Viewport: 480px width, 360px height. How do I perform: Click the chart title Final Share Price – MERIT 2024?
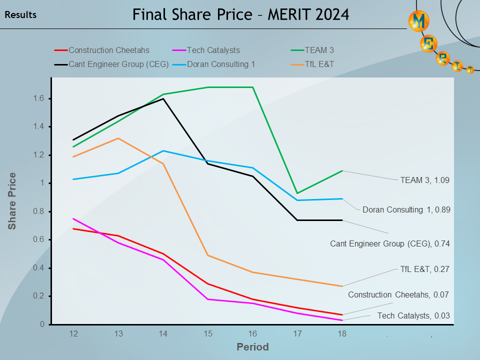[x=240, y=14]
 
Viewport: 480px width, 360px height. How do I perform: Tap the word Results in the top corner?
[x=20, y=15]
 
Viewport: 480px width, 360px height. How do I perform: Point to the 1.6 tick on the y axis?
[x=38, y=98]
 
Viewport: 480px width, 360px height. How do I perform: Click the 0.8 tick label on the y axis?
[x=38, y=211]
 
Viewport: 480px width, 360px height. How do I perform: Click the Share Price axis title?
[x=12, y=201]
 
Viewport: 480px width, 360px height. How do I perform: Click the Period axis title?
[x=252, y=347]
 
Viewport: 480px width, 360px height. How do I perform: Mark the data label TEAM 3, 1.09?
[x=425, y=180]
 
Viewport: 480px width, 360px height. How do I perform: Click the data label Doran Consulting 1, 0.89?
[x=406, y=210]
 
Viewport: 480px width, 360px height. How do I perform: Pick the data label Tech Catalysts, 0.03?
[x=413, y=315]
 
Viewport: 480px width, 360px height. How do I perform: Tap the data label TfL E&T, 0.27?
[x=425, y=269]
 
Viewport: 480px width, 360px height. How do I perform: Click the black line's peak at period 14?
[x=163, y=98]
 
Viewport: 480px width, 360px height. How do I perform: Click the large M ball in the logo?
[x=418, y=21]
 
